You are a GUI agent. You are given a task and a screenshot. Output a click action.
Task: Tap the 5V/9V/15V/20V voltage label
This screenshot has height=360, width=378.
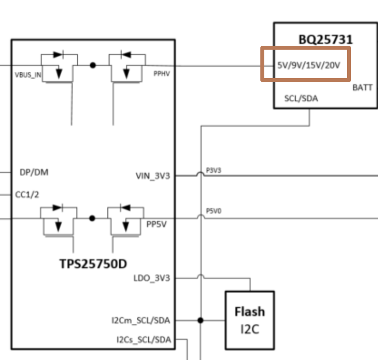308,65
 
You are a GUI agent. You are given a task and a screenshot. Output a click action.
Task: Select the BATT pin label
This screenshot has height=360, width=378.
363,87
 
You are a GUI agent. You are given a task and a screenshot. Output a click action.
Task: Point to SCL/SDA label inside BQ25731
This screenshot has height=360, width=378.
301,98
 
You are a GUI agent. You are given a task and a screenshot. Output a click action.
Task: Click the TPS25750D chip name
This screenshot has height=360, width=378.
93,264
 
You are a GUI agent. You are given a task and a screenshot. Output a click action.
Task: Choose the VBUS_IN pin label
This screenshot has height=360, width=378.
28,76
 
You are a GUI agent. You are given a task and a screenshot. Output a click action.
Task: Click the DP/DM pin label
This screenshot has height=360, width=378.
33,172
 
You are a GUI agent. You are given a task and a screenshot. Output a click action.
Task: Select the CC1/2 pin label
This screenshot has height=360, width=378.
27,195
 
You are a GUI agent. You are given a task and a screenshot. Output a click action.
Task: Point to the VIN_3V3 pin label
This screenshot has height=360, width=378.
153,176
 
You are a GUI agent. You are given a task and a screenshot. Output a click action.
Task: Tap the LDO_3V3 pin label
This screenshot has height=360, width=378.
152,278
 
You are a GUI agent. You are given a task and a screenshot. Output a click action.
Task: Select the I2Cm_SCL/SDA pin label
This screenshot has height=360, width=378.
140,321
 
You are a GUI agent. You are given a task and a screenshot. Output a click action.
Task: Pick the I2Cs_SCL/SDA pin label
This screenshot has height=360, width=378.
143,339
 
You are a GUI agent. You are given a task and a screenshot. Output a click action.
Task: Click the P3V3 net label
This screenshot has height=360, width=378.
213,170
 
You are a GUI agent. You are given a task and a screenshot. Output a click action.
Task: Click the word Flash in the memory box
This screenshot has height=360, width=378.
250,312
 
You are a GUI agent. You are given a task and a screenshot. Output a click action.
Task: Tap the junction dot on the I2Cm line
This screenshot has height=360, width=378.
200,320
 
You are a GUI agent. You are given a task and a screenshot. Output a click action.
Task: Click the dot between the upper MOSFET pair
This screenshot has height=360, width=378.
93,65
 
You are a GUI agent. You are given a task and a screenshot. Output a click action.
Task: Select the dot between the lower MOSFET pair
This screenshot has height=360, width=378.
92,218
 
